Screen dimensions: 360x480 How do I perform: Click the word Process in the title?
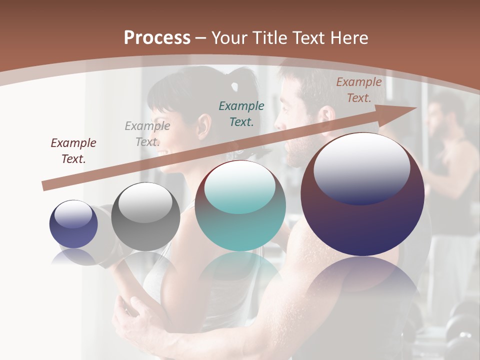click(x=157, y=38)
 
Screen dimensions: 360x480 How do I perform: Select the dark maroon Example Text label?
click(x=73, y=150)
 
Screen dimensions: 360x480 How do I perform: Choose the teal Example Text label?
click(x=241, y=113)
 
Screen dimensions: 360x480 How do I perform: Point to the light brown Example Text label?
click(x=358, y=90)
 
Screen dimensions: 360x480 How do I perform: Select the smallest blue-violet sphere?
click(x=73, y=224)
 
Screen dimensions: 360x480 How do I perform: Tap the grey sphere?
click(x=145, y=217)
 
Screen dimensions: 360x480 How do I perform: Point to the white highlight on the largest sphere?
click(x=361, y=167)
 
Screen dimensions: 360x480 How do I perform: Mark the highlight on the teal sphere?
click(x=240, y=186)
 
